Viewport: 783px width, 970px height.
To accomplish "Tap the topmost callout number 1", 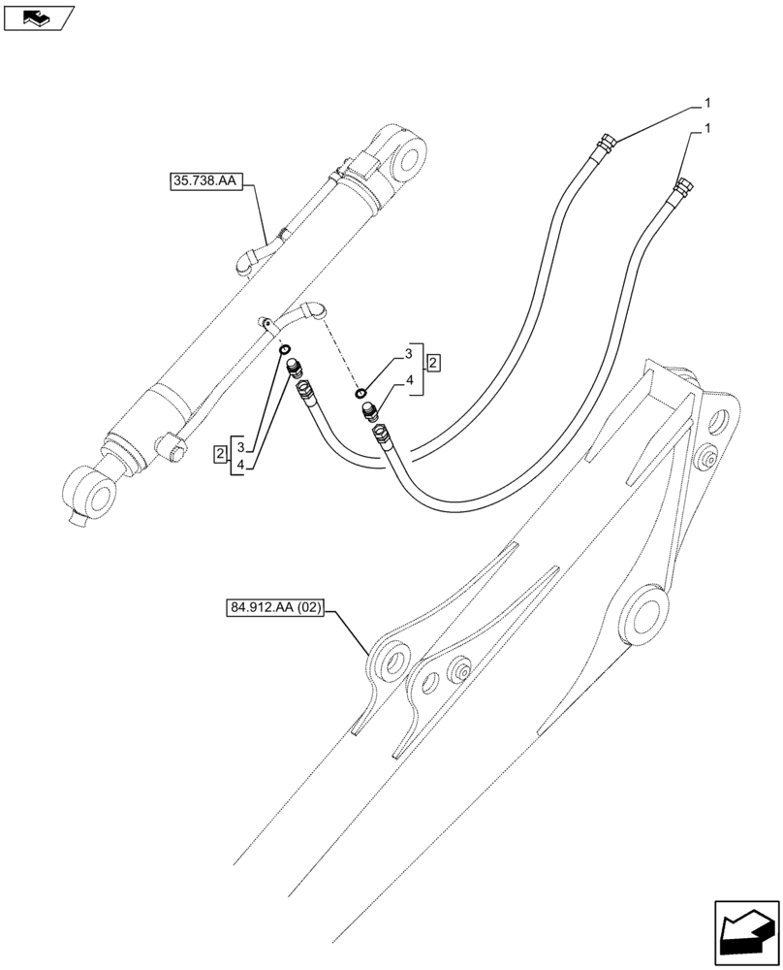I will tap(708, 102).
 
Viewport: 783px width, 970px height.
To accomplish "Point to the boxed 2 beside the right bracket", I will tap(434, 362).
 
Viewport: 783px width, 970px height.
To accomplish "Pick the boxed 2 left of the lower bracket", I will tap(222, 451).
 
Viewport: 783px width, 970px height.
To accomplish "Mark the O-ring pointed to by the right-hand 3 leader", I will tap(361, 393).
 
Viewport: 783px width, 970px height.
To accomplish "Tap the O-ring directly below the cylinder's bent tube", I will tap(286, 350).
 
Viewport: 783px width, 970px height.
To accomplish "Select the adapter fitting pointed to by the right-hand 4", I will tap(369, 412).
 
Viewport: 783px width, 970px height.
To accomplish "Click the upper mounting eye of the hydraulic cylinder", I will tap(410, 158).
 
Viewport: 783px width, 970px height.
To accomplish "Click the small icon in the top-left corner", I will tap(37, 16).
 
